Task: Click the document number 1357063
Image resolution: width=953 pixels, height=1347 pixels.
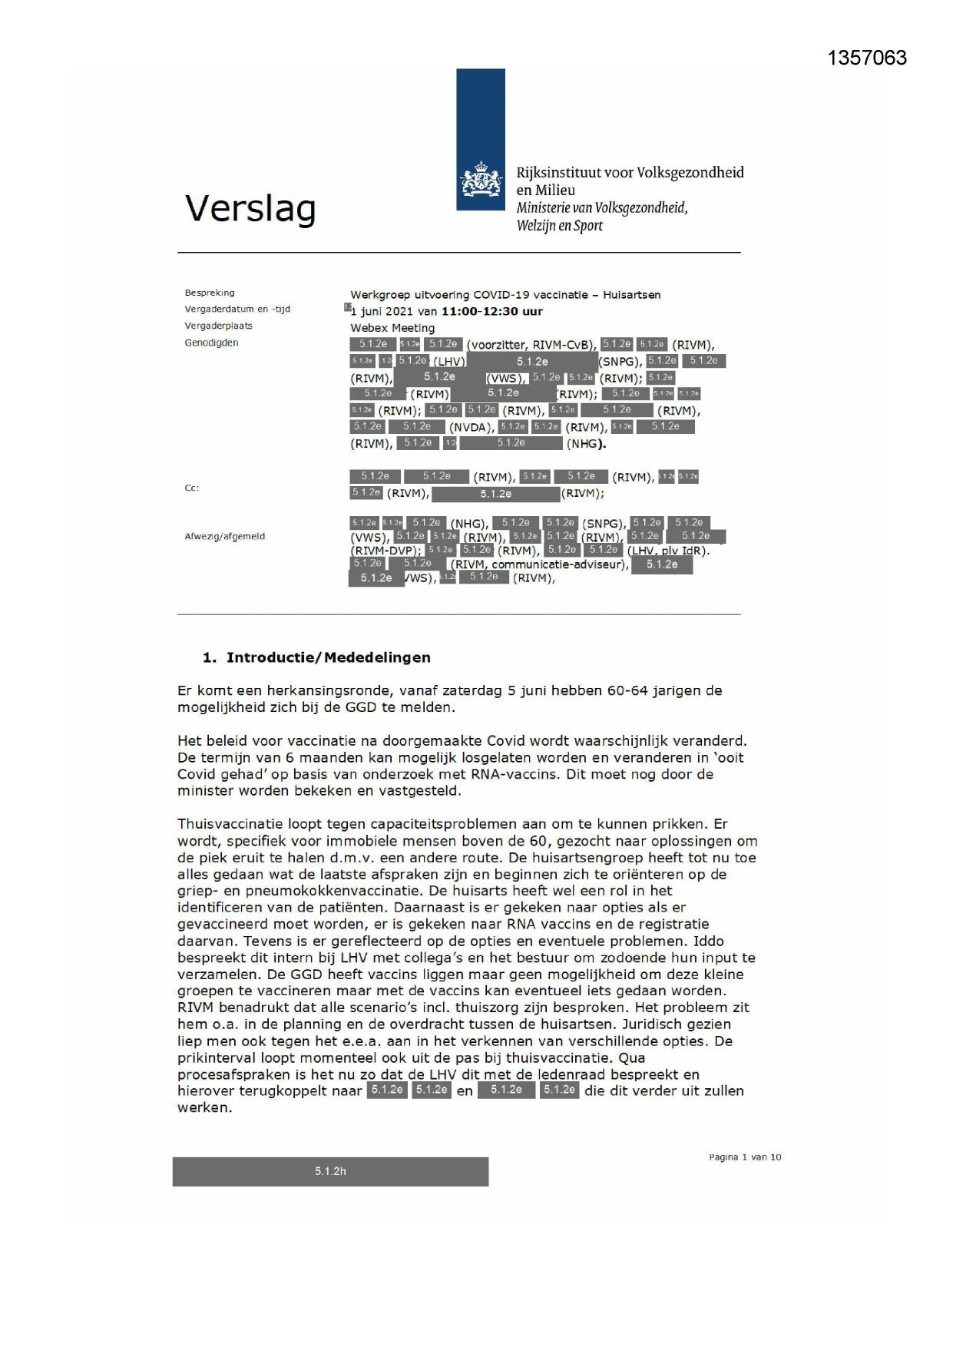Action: click(867, 58)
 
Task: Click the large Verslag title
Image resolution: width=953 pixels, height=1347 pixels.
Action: click(250, 209)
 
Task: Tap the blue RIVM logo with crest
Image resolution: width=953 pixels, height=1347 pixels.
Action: click(481, 140)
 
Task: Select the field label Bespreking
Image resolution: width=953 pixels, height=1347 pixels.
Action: click(210, 293)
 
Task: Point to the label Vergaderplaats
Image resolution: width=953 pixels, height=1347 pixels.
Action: click(218, 326)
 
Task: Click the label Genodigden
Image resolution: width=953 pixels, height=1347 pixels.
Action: click(211, 343)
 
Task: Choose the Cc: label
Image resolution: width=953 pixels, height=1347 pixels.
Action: click(191, 488)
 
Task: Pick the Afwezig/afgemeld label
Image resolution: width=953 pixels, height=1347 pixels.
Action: click(224, 536)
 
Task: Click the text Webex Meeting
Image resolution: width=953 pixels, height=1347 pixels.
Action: click(392, 328)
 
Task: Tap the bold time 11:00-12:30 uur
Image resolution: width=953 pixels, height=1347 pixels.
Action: click(491, 311)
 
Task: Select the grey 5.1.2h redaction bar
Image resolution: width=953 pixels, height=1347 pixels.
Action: click(330, 1171)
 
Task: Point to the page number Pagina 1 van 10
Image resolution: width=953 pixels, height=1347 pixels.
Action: click(745, 1157)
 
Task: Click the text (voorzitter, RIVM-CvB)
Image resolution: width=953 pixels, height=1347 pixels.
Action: click(531, 345)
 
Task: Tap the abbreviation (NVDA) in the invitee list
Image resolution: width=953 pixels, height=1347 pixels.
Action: click(472, 427)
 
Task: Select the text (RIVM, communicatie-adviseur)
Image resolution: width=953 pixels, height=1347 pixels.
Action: click(539, 564)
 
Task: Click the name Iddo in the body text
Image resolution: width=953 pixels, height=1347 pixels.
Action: click(709, 941)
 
